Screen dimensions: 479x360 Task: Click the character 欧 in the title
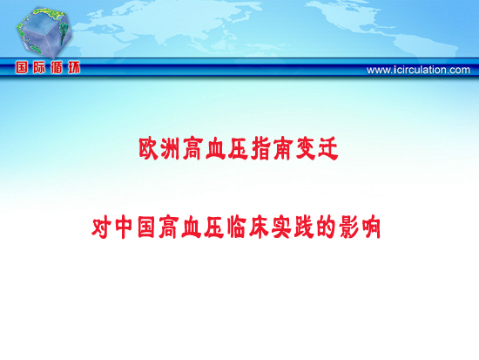pos(149,149)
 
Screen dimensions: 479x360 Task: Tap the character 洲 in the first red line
pos(170,149)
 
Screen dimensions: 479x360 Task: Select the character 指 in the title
pos(260,149)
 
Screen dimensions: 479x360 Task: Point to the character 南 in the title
pos(282,149)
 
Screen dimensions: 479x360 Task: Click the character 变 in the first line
pos(305,149)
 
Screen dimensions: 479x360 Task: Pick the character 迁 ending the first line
pos(327,149)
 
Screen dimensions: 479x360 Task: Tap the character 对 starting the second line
pos(102,228)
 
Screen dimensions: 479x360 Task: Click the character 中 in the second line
pos(124,228)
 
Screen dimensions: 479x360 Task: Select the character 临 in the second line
pos(236,228)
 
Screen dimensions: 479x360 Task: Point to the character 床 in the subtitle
pos(259,228)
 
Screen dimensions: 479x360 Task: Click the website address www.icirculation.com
pos(418,70)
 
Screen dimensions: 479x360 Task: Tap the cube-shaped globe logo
pos(44,31)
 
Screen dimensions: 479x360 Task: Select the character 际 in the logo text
pos(39,67)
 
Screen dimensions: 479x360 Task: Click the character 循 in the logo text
pos(57,67)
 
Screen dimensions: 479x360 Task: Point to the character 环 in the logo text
pos(74,67)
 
